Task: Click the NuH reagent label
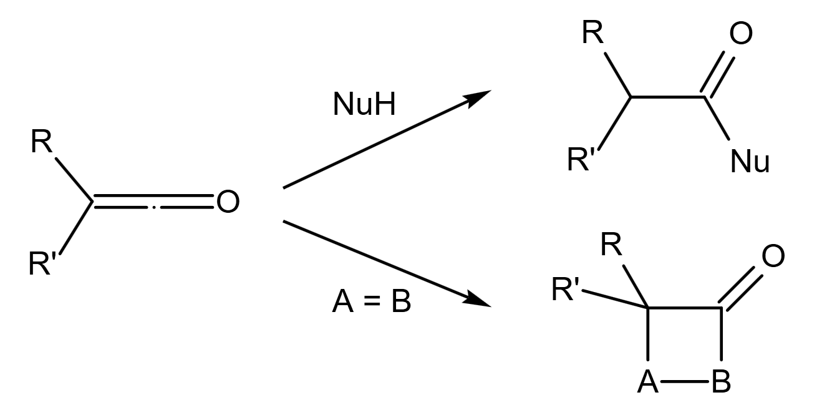364,105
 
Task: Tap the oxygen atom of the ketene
227,202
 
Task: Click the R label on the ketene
42,143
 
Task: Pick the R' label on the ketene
44,264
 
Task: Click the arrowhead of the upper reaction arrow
478,97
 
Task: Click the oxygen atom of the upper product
740,34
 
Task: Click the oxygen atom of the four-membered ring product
773,256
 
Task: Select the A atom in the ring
648,382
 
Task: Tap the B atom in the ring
722,382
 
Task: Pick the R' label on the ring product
568,290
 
